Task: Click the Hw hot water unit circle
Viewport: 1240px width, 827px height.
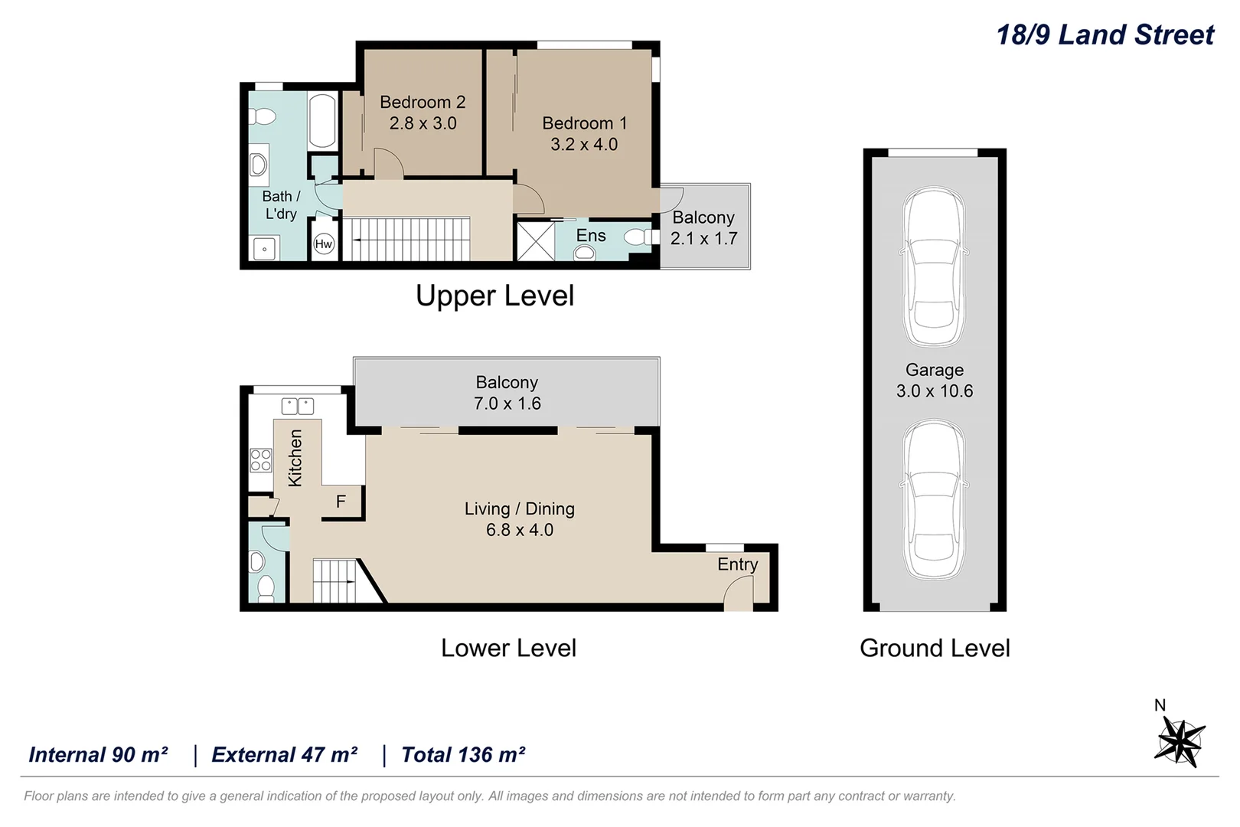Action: coord(324,244)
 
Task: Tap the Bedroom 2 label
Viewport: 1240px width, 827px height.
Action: coord(423,102)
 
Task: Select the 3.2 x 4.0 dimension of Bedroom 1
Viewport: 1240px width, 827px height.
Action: coord(584,144)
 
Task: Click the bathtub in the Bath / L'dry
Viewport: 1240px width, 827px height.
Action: coord(322,121)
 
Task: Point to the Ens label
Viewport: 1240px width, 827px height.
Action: coord(591,235)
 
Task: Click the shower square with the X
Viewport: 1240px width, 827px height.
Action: coord(536,241)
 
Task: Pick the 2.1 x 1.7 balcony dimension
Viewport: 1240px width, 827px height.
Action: coord(703,238)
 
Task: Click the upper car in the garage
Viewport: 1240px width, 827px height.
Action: coord(935,266)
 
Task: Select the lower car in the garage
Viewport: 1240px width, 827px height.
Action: coord(935,499)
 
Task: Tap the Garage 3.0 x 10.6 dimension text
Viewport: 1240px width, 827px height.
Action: coord(935,391)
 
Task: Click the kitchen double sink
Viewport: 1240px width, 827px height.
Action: coord(298,406)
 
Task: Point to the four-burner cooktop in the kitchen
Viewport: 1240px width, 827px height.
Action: coord(261,459)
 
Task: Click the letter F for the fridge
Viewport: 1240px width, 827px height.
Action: coord(341,502)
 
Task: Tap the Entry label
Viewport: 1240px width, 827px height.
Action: coord(737,564)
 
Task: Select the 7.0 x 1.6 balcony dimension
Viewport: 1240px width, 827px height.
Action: coord(507,404)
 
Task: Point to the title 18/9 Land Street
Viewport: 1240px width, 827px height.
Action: coord(1105,35)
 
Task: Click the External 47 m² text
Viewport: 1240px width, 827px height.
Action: coord(285,754)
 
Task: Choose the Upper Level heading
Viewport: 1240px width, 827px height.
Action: coord(495,296)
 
